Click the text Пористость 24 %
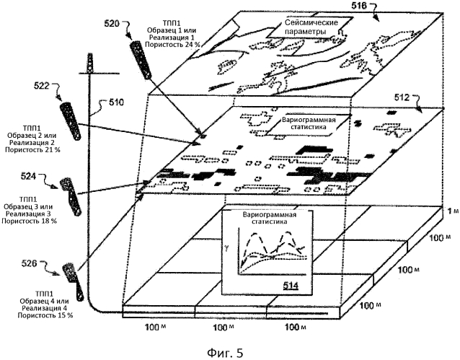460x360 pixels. coord(170,45)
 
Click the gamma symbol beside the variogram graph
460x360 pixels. coord(229,247)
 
